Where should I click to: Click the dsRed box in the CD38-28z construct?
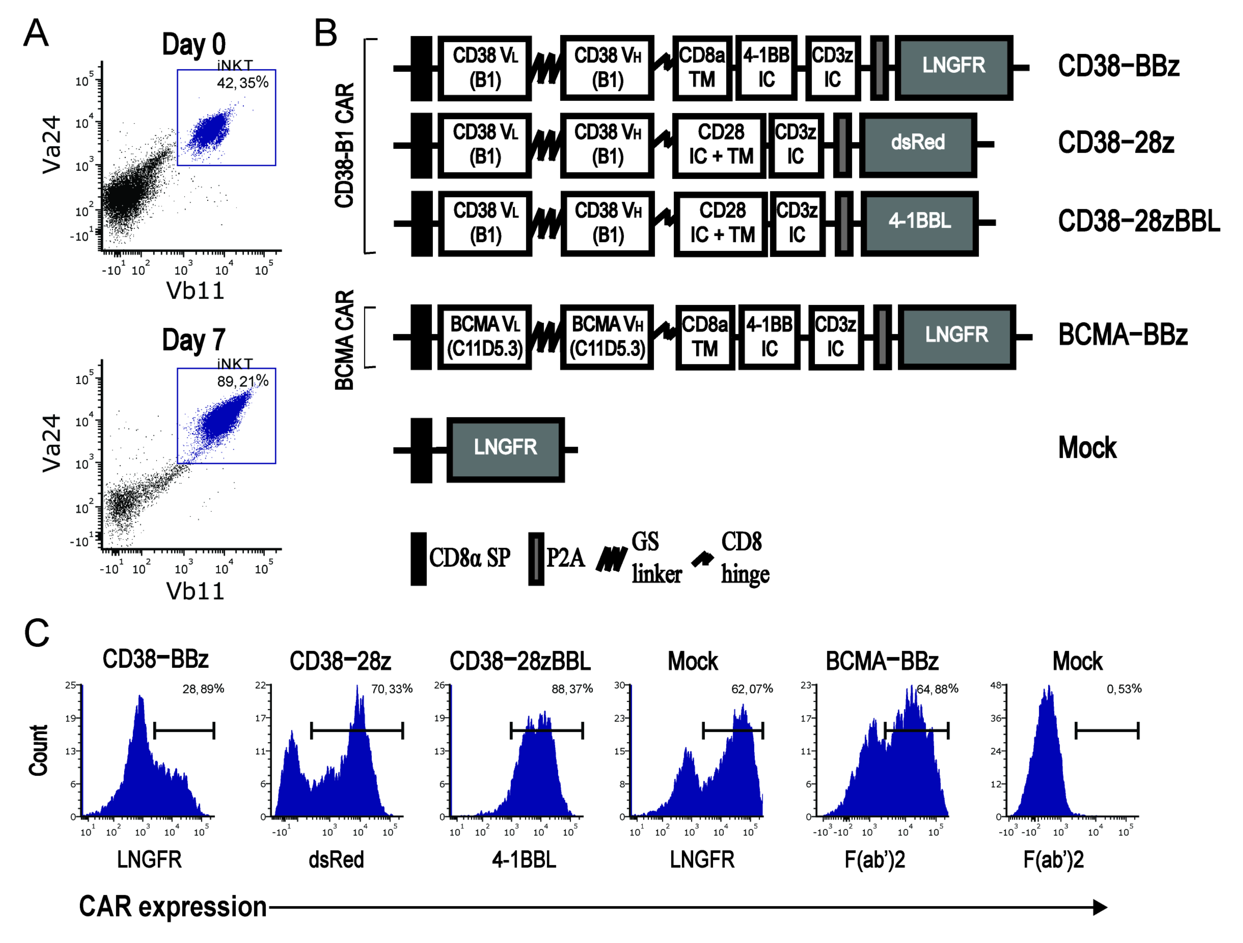(x=918, y=144)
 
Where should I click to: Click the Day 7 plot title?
(x=194, y=341)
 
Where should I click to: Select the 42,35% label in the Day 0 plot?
(x=243, y=83)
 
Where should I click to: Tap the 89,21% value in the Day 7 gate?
(x=243, y=382)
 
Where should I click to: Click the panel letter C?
(x=37, y=634)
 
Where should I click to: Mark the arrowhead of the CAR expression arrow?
(x=1100, y=907)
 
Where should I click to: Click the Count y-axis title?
(x=39, y=751)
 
